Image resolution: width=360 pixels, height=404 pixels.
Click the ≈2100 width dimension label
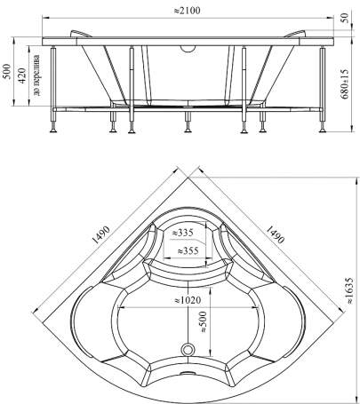(x=187, y=11)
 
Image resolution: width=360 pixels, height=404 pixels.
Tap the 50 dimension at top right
(x=345, y=18)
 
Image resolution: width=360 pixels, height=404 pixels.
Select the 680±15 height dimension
(x=345, y=84)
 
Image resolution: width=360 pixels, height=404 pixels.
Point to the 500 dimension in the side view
(x=7, y=71)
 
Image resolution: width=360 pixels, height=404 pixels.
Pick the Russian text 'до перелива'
(x=36, y=75)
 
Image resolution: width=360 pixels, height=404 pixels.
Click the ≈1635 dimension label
(x=349, y=290)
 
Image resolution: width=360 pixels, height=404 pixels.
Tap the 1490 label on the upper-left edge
(x=101, y=234)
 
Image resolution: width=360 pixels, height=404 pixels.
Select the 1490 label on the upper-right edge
(x=276, y=234)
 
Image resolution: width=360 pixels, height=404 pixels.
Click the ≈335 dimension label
(x=182, y=233)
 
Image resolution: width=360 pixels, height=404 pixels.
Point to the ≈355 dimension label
(x=188, y=251)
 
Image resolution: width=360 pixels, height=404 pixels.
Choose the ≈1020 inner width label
(x=188, y=300)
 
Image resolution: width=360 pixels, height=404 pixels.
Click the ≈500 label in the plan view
(x=204, y=321)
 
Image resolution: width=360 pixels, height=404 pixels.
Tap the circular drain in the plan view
(x=188, y=350)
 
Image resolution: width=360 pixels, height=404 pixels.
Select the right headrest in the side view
(x=295, y=34)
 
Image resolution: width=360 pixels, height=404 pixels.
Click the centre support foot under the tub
(x=188, y=131)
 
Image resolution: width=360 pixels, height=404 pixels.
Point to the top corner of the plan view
(x=188, y=178)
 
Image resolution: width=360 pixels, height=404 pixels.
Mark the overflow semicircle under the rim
(x=188, y=48)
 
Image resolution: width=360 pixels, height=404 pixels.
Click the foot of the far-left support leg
(x=53, y=130)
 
